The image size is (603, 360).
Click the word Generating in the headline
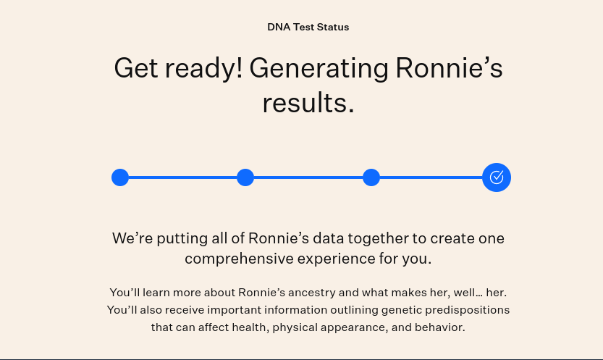(319, 70)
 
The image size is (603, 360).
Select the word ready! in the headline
(204, 70)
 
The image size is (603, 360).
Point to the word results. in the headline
(308, 103)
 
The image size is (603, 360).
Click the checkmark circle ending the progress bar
(497, 177)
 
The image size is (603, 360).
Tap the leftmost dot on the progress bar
(120, 177)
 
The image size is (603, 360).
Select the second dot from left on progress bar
(245, 177)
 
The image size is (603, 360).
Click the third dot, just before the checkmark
(371, 177)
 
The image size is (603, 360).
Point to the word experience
(336, 259)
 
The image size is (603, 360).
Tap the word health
(251, 327)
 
